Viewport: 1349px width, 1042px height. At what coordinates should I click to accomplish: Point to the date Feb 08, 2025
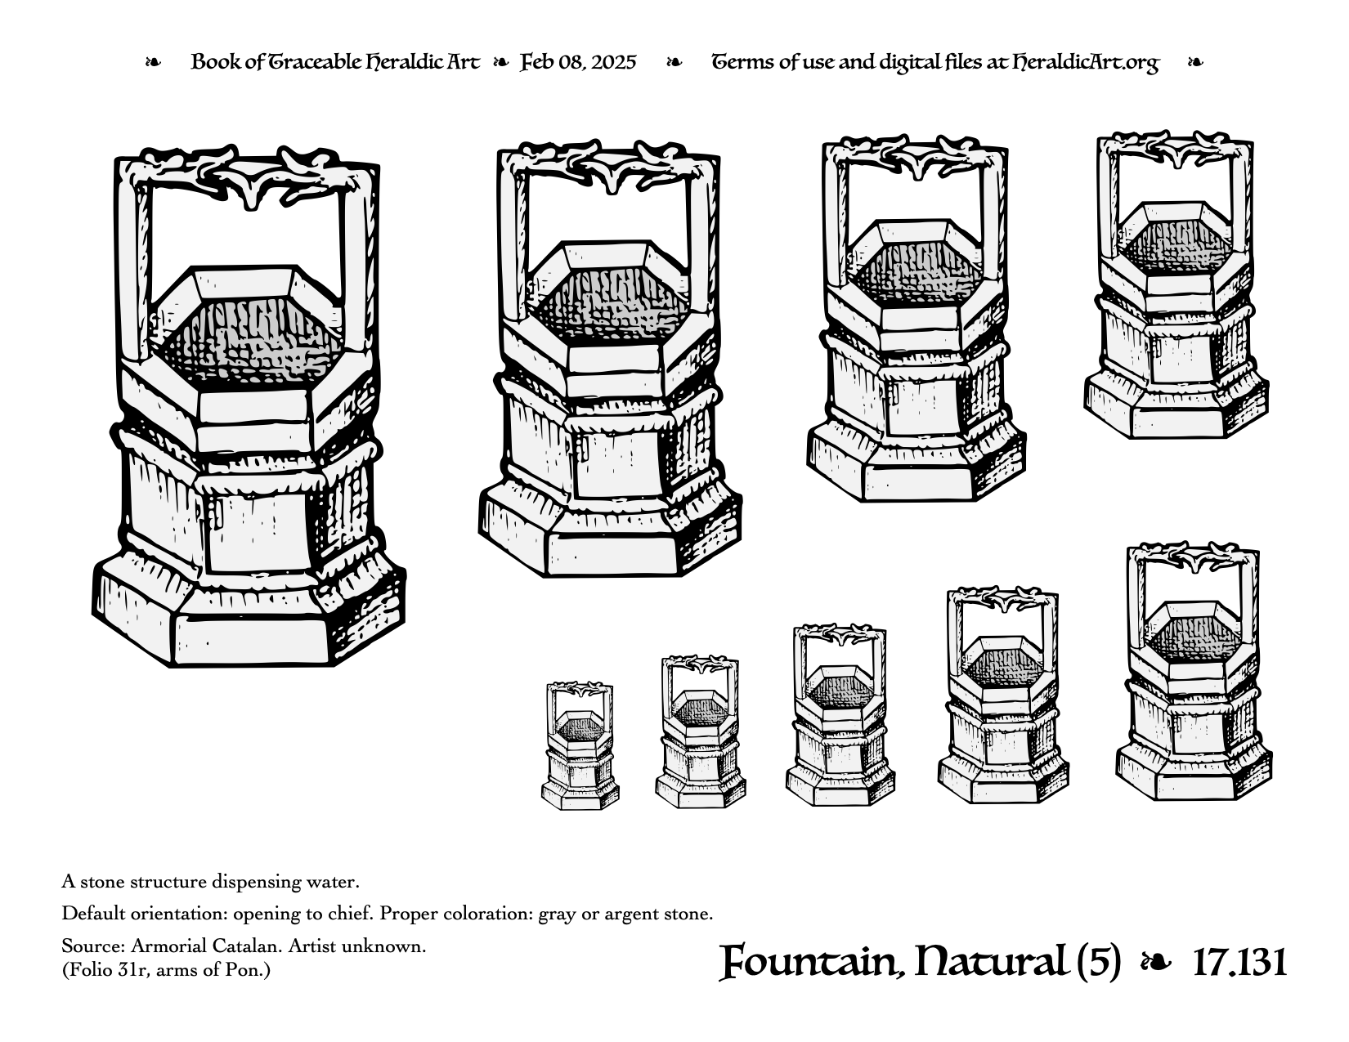pyautogui.click(x=578, y=62)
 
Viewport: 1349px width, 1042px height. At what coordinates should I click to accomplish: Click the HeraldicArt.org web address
pyautogui.click(x=1086, y=63)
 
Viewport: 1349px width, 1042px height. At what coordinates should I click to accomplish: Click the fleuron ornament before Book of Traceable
pyautogui.click(x=153, y=63)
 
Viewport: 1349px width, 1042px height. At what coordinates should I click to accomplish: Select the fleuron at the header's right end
pyautogui.click(x=1195, y=63)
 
